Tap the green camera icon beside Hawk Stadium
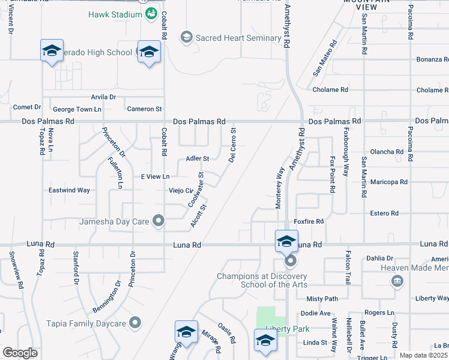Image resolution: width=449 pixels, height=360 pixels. [151, 13]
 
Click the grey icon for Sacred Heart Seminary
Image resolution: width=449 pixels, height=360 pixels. [186, 38]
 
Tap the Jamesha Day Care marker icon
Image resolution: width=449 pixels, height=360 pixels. [158, 221]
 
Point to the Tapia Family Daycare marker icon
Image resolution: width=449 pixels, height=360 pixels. [136, 323]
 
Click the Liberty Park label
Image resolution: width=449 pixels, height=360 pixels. [290, 329]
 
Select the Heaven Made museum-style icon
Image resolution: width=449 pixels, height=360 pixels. [396, 281]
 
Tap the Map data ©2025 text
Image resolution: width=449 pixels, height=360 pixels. [423, 355]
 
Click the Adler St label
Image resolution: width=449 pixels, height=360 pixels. [197, 158]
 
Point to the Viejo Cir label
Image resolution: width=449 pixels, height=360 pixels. [179, 191]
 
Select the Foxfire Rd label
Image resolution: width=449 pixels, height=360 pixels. [309, 221]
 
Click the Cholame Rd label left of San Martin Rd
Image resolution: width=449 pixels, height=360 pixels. [330, 90]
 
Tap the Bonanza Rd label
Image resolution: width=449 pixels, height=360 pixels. [432, 60]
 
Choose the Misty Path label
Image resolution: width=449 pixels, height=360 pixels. [322, 299]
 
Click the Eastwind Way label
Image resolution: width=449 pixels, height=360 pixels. [69, 190]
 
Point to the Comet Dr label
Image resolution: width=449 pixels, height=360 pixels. [26, 107]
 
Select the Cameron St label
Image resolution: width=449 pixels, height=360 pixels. [144, 109]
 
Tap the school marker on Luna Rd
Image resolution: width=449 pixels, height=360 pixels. [286, 242]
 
